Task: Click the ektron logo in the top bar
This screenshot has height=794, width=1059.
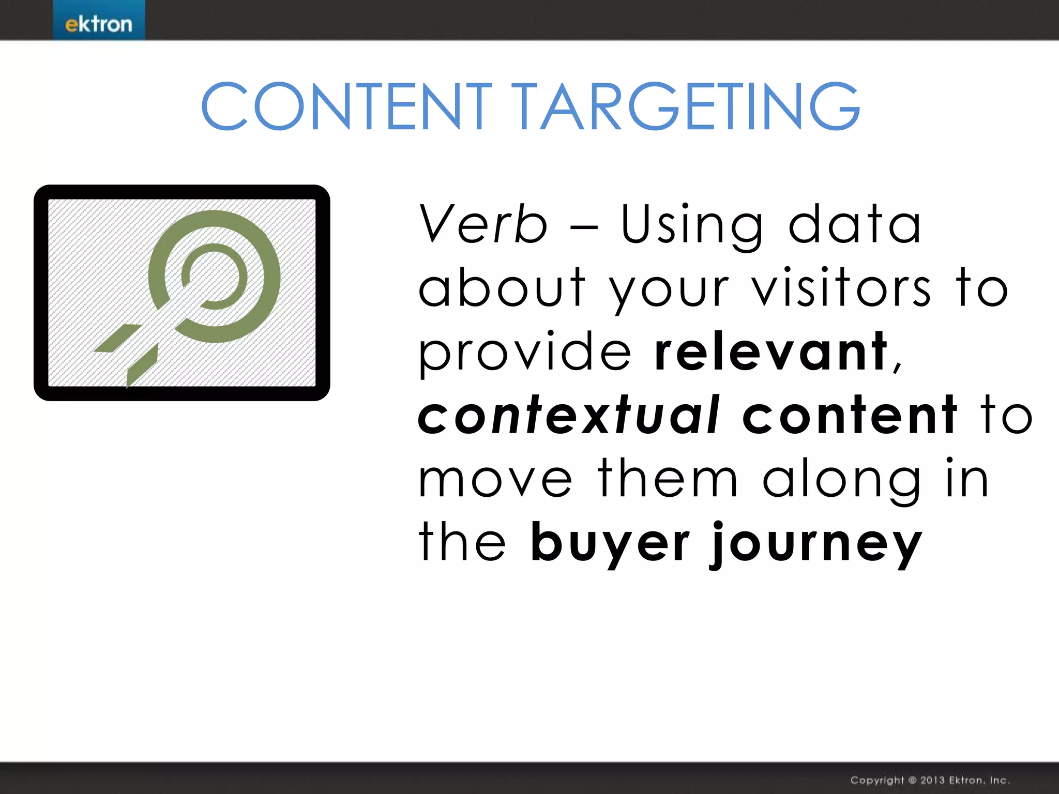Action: click(99, 24)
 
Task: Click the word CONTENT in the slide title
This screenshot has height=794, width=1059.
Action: click(346, 106)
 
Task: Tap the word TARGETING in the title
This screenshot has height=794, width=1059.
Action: click(687, 106)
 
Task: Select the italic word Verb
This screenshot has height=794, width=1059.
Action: click(482, 224)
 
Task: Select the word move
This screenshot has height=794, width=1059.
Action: click(495, 479)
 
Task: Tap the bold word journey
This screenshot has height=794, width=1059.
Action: click(815, 545)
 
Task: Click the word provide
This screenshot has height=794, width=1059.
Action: click(524, 353)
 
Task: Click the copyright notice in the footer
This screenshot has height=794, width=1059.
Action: click(930, 780)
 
